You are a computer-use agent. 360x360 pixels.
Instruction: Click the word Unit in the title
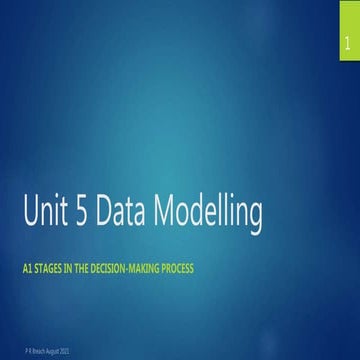(x=68, y=215)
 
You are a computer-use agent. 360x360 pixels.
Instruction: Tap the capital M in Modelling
(x=198, y=215)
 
